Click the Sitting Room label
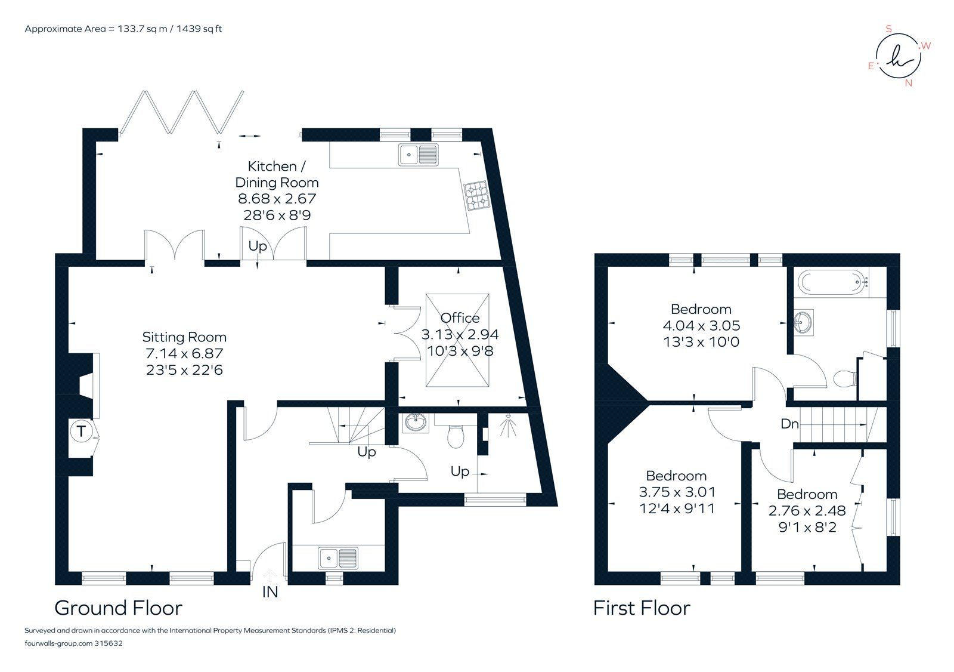tap(184, 337)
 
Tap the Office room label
tap(460, 318)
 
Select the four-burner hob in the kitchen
tap(476, 195)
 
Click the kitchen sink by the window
tap(419, 155)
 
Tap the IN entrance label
tap(270, 593)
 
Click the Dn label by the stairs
tap(789, 424)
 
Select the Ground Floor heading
tap(118, 608)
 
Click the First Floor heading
tap(641, 608)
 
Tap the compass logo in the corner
tap(897, 56)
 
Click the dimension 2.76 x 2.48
tap(807, 511)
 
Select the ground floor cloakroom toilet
tap(456, 436)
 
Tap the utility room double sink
tap(338, 558)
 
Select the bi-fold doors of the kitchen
tap(181, 112)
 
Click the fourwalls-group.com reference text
tap(73, 643)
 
